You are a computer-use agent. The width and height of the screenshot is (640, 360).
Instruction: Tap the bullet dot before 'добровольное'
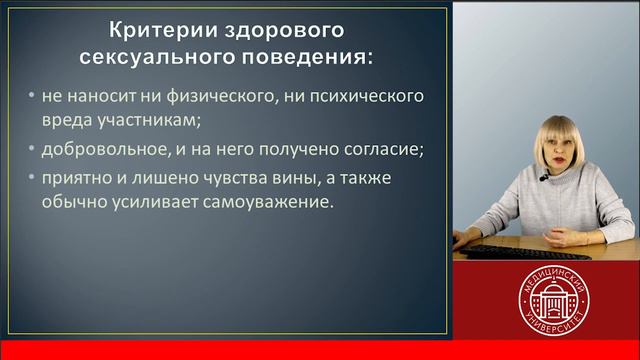point(32,151)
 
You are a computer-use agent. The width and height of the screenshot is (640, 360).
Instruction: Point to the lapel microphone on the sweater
point(543,180)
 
